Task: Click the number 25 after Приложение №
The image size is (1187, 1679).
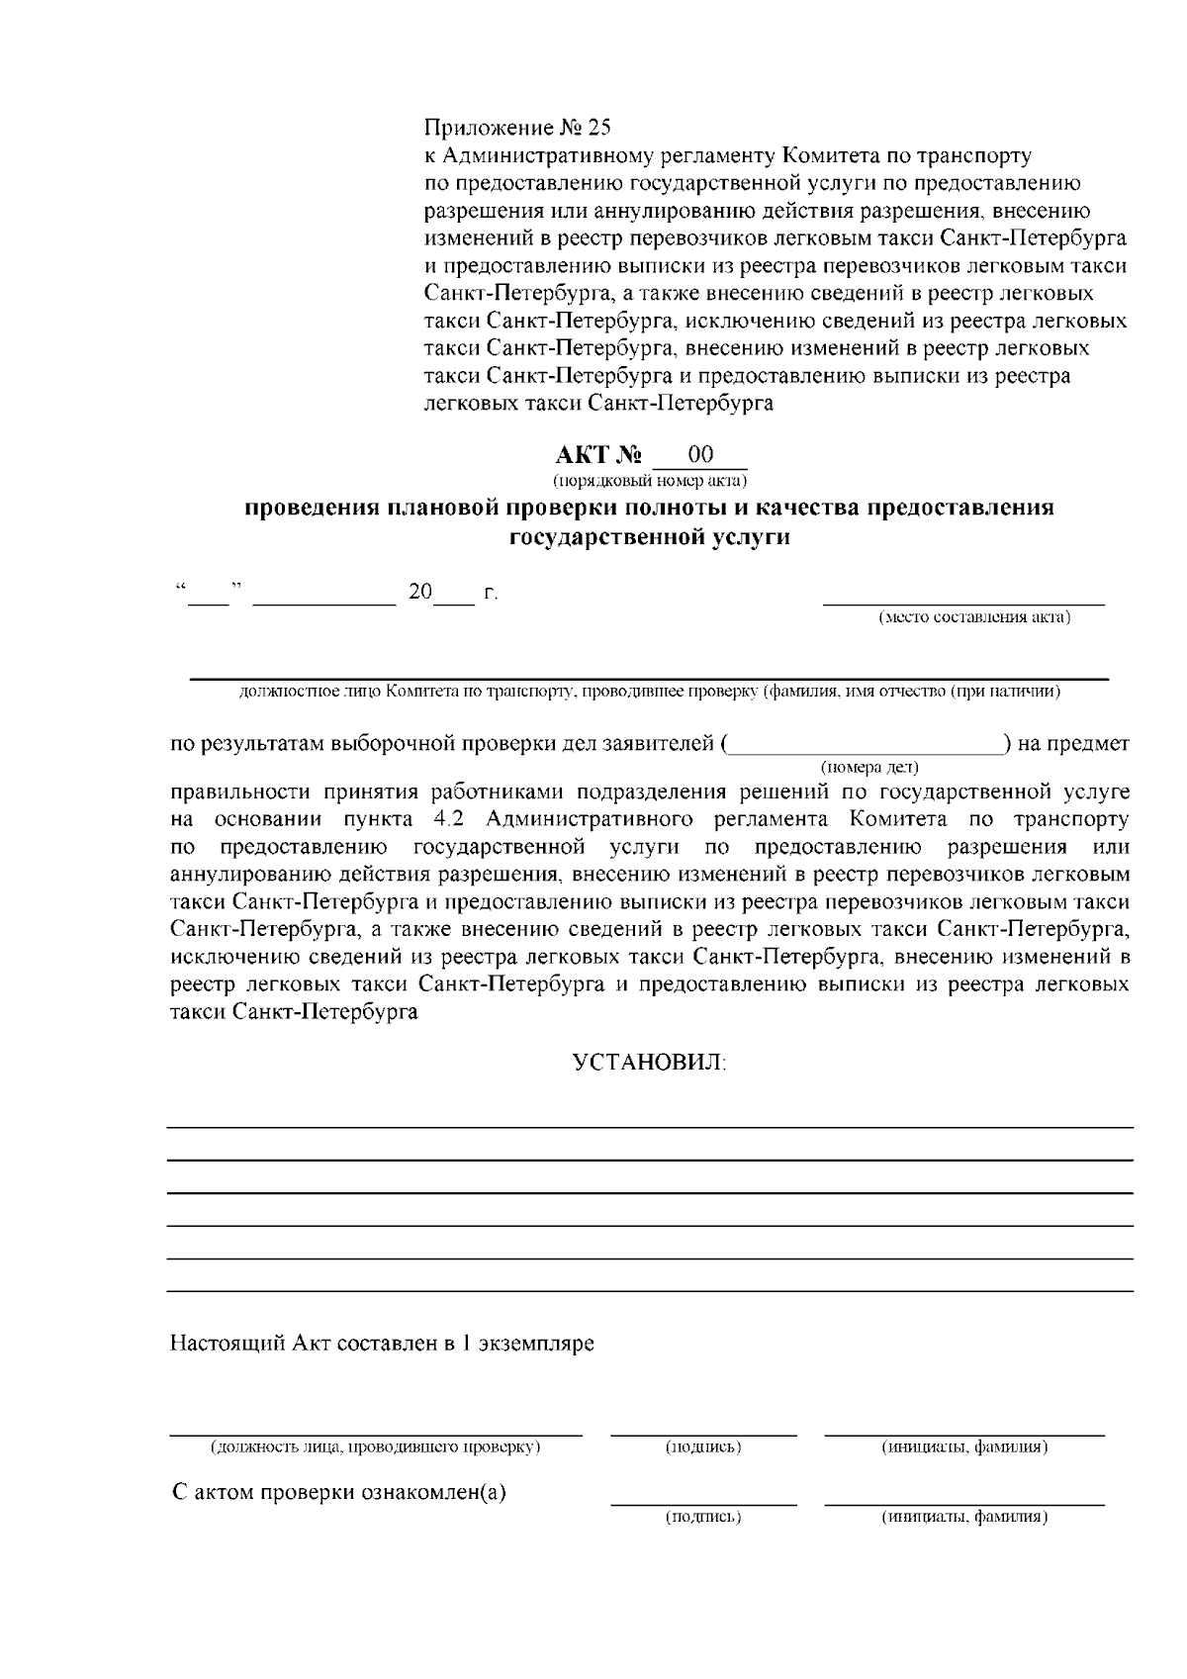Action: coord(599,129)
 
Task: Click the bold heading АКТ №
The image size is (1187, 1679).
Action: coord(598,456)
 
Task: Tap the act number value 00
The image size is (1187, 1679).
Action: coord(700,455)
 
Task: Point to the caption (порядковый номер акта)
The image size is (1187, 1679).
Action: coord(650,482)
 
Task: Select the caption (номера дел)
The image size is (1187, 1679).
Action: coord(869,767)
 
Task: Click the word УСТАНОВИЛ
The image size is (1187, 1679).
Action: coord(650,1064)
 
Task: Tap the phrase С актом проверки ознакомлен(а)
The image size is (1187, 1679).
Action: coord(339,1493)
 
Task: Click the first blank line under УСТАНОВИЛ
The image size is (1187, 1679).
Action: coord(650,1128)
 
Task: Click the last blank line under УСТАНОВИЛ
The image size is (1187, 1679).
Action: coord(650,1291)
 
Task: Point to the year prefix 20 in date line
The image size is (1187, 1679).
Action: coord(420,593)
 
